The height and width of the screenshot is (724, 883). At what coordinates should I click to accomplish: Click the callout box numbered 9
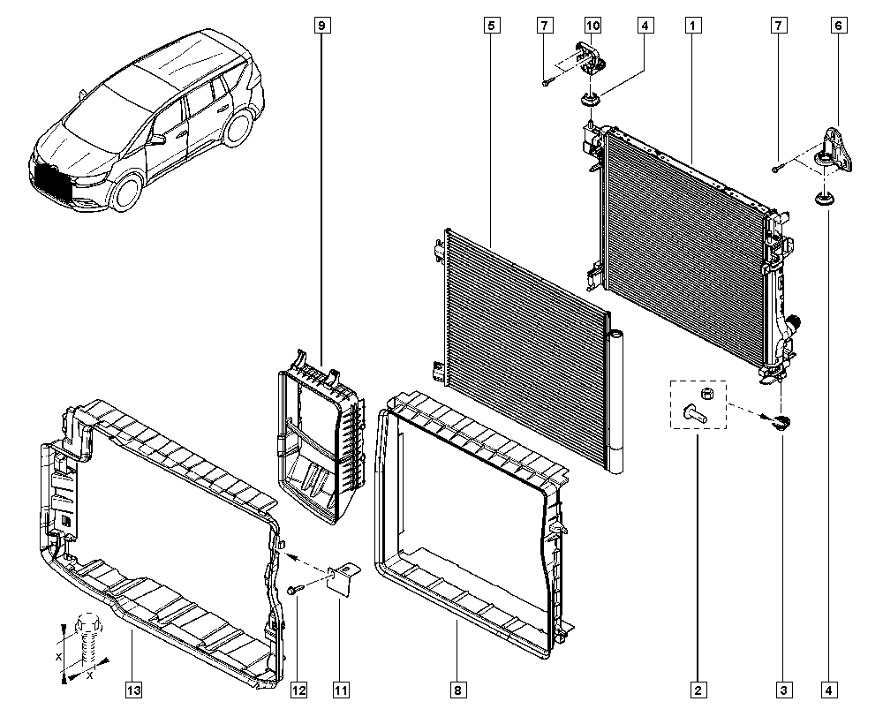[x=321, y=26]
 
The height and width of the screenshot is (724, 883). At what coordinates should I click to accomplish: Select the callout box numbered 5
[x=490, y=26]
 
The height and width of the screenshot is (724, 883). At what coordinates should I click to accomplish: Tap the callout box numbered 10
[x=592, y=26]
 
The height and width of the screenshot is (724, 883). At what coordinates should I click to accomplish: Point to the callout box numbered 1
[x=695, y=26]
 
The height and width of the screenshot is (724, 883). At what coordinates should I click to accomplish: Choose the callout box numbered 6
[x=836, y=26]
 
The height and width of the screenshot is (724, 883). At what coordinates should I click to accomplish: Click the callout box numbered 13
[x=132, y=690]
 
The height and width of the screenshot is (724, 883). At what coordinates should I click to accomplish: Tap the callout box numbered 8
[x=457, y=690]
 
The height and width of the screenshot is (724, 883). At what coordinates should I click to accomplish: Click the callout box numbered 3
[x=782, y=690]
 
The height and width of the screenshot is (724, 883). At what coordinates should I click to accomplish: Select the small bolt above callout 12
[x=296, y=589]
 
